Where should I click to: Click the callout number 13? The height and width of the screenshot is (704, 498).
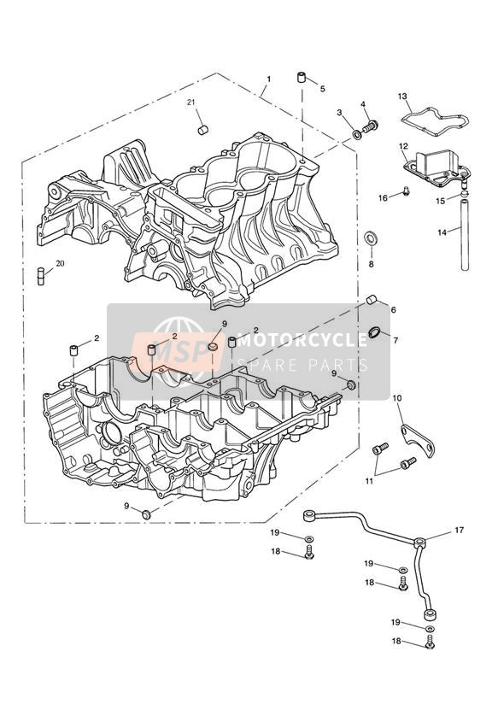pos(402,96)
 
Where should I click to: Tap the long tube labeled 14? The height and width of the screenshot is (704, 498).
pos(465,235)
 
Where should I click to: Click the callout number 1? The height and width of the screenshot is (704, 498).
pos(268,79)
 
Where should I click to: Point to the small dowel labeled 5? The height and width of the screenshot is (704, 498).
pos(302,77)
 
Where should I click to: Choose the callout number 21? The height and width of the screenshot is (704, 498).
pos(191,103)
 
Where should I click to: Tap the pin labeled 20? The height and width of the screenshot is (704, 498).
pos(41,276)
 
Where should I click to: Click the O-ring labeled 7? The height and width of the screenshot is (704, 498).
pos(373,333)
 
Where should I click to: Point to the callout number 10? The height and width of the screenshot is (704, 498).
pos(397,398)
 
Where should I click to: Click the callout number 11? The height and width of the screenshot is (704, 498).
pos(369,481)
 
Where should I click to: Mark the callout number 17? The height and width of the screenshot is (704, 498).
pos(459,531)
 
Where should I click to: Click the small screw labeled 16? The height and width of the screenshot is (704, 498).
pos(406,191)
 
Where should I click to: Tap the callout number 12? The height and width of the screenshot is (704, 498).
pos(403,146)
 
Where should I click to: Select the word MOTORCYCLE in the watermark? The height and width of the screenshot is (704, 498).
pos(302,341)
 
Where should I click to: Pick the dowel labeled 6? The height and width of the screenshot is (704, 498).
pos(372,300)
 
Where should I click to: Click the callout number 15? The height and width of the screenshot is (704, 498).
pos(441,201)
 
